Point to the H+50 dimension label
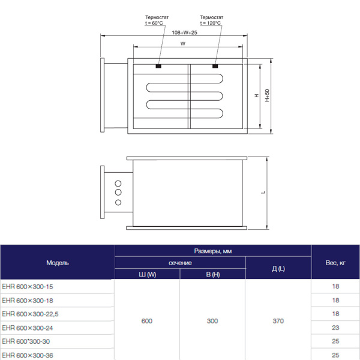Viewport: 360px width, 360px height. pyautogui.click(x=268, y=95)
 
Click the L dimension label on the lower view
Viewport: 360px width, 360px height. pyautogui.click(x=263, y=193)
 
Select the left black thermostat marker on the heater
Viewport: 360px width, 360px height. pyautogui.click(x=159, y=66)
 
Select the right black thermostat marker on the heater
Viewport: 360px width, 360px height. pyautogui.click(x=215, y=66)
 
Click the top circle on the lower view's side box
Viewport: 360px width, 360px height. pyautogui.click(x=118, y=183)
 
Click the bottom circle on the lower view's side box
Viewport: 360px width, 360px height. pyautogui.click(x=118, y=202)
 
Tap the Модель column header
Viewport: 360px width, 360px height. pyautogui.click(x=58, y=263)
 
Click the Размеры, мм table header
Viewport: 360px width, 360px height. pyautogui.click(x=213, y=251)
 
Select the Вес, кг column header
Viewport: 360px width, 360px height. pyautogui.click(x=335, y=263)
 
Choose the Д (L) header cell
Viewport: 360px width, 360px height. pyautogui.click(x=278, y=269)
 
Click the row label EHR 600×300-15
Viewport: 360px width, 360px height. pyautogui.click(x=28, y=287)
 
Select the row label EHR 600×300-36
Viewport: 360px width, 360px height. pyautogui.click(x=28, y=355)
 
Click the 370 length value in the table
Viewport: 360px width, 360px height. pyautogui.click(x=278, y=321)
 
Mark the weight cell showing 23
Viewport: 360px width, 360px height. pyautogui.click(x=335, y=328)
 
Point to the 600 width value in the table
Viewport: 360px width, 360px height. pyautogui.click(x=147, y=321)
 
